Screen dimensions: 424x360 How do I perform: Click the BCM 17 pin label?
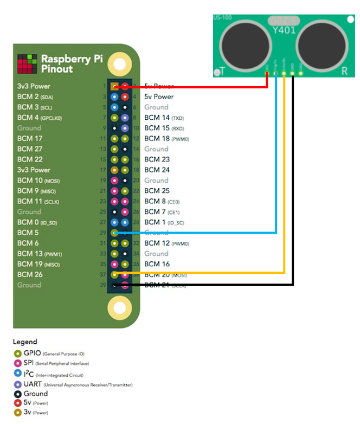(x=30, y=138)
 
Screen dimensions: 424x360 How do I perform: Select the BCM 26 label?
(x=30, y=274)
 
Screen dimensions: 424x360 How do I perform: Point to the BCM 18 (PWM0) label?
(x=166, y=138)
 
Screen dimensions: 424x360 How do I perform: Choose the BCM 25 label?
(x=157, y=191)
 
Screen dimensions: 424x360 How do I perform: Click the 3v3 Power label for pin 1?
(x=34, y=86)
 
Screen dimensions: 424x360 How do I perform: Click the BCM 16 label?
(x=157, y=264)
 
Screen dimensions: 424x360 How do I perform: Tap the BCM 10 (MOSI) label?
(x=37, y=180)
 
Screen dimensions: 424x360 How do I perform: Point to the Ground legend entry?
(x=36, y=394)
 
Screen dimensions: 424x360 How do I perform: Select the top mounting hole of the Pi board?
(x=119, y=63)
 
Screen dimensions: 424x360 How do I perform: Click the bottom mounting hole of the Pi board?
(x=119, y=309)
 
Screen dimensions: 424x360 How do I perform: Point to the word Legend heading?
(x=25, y=342)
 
